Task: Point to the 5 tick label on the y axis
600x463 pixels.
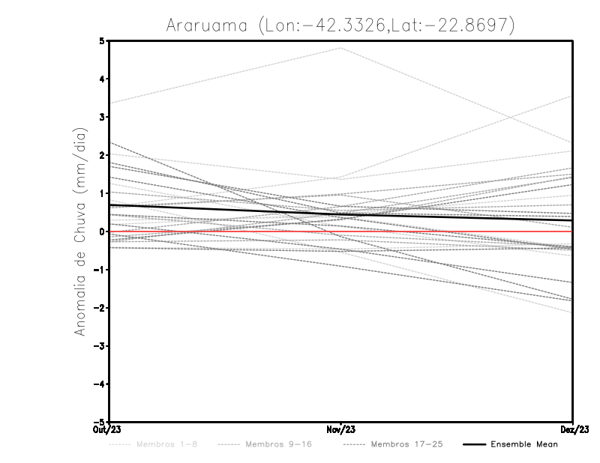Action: pos(102,40)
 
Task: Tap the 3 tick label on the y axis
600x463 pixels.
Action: pos(102,117)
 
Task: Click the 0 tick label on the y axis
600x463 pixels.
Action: pos(102,231)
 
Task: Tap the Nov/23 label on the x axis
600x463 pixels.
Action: pos(341,429)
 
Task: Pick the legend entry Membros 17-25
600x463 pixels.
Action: pos(406,444)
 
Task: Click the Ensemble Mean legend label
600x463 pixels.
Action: pos(524,444)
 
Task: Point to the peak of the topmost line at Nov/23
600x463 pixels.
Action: pos(341,48)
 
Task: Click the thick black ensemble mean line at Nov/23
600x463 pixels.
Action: pos(341,214)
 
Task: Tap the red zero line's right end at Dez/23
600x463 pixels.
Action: pos(571,231)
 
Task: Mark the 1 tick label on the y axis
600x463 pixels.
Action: pos(102,193)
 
